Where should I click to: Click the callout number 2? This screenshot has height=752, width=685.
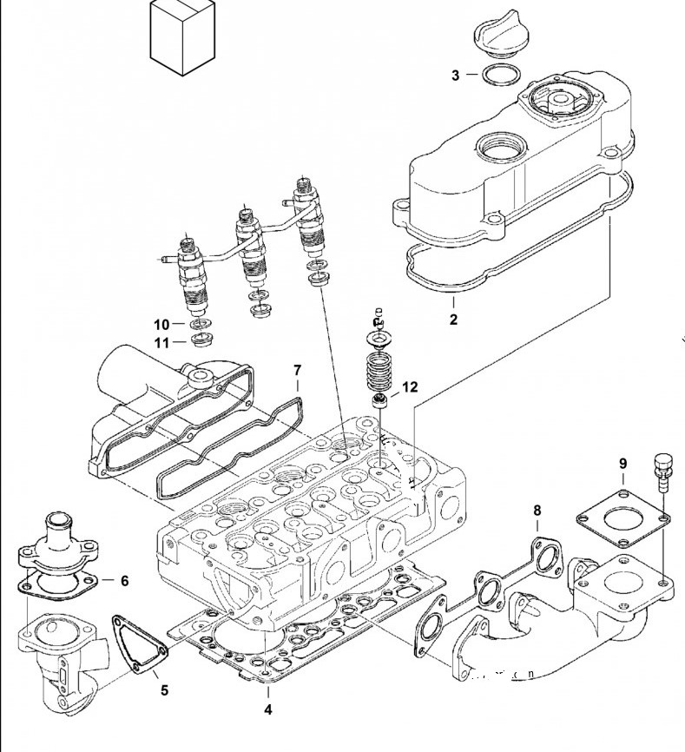(453, 320)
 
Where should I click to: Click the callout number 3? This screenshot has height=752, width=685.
(455, 76)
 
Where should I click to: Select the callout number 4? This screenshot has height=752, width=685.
(268, 709)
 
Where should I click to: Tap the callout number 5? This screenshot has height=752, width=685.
(164, 691)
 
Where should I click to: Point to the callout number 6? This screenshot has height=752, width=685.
(124, 580)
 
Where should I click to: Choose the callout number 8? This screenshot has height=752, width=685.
(537, 510)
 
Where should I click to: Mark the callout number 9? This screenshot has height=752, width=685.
(622, 465)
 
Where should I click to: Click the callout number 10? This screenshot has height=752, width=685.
(162, 324)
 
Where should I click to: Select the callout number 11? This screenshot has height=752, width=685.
(162, 343)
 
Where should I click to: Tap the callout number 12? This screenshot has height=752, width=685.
(410, 387)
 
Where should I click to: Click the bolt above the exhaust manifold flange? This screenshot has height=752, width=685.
(662, 469)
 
